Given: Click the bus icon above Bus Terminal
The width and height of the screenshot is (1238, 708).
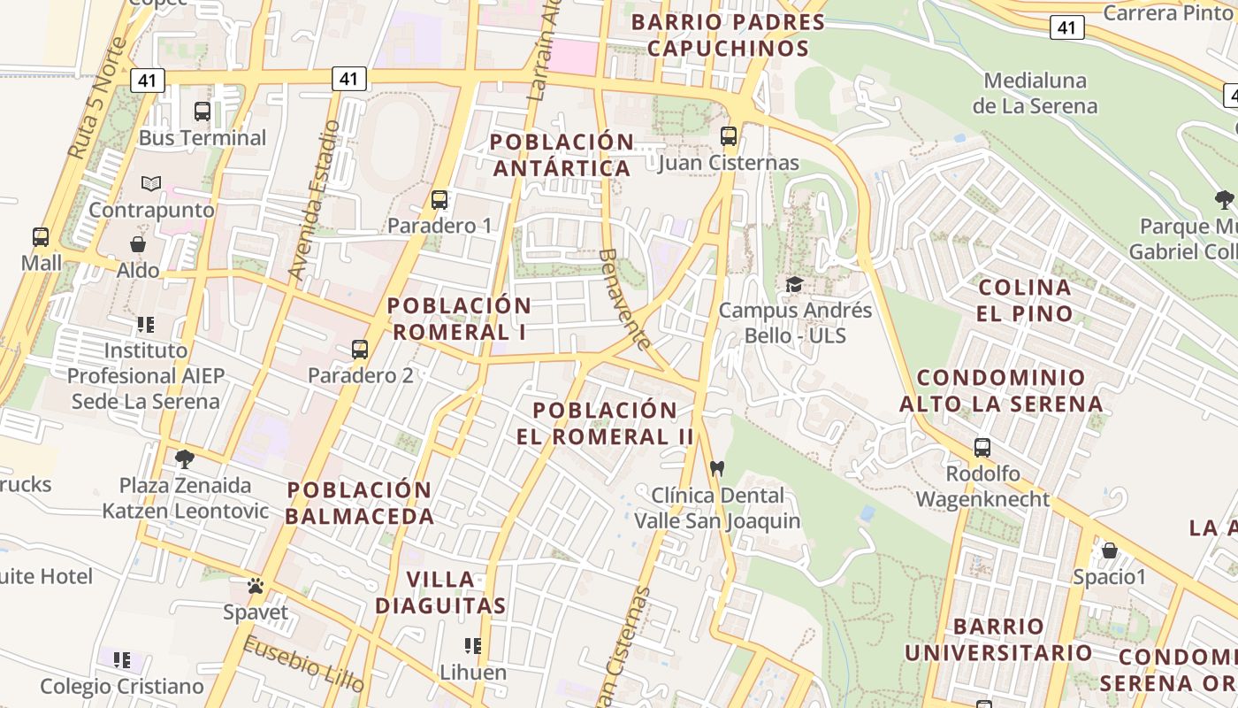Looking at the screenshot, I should (203, 112).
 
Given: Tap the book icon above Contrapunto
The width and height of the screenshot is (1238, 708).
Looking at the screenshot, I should (151, 183).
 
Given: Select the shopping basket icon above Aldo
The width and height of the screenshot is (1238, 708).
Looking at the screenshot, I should (138, 243).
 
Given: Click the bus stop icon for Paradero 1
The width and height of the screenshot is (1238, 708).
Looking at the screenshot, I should (439, 200).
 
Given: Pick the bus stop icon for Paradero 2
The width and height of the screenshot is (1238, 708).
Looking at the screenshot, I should (360, 349).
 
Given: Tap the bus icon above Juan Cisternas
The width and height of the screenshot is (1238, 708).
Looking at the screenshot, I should (729, 136).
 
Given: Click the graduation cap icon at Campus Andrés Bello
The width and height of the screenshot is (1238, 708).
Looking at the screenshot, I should (795, 284).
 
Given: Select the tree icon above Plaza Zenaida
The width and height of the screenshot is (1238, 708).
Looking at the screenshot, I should (185, 458).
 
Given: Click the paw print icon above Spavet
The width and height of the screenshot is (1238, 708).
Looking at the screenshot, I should (256, 585).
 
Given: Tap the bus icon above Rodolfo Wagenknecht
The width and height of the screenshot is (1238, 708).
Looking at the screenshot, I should (982, 447).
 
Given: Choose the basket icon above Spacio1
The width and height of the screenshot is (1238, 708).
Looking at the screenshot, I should (1109, 550).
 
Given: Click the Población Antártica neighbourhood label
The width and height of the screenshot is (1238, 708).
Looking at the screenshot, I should (562, 155).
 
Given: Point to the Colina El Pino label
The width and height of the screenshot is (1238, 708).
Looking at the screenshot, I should (1025, 300).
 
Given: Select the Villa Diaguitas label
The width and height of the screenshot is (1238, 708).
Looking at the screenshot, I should (440, 593).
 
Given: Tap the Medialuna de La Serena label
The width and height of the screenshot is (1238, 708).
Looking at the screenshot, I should (1035, 93).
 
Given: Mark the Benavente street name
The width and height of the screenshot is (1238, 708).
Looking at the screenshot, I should (623, 298).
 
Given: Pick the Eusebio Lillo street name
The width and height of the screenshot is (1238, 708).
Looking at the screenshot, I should (303, 664).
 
